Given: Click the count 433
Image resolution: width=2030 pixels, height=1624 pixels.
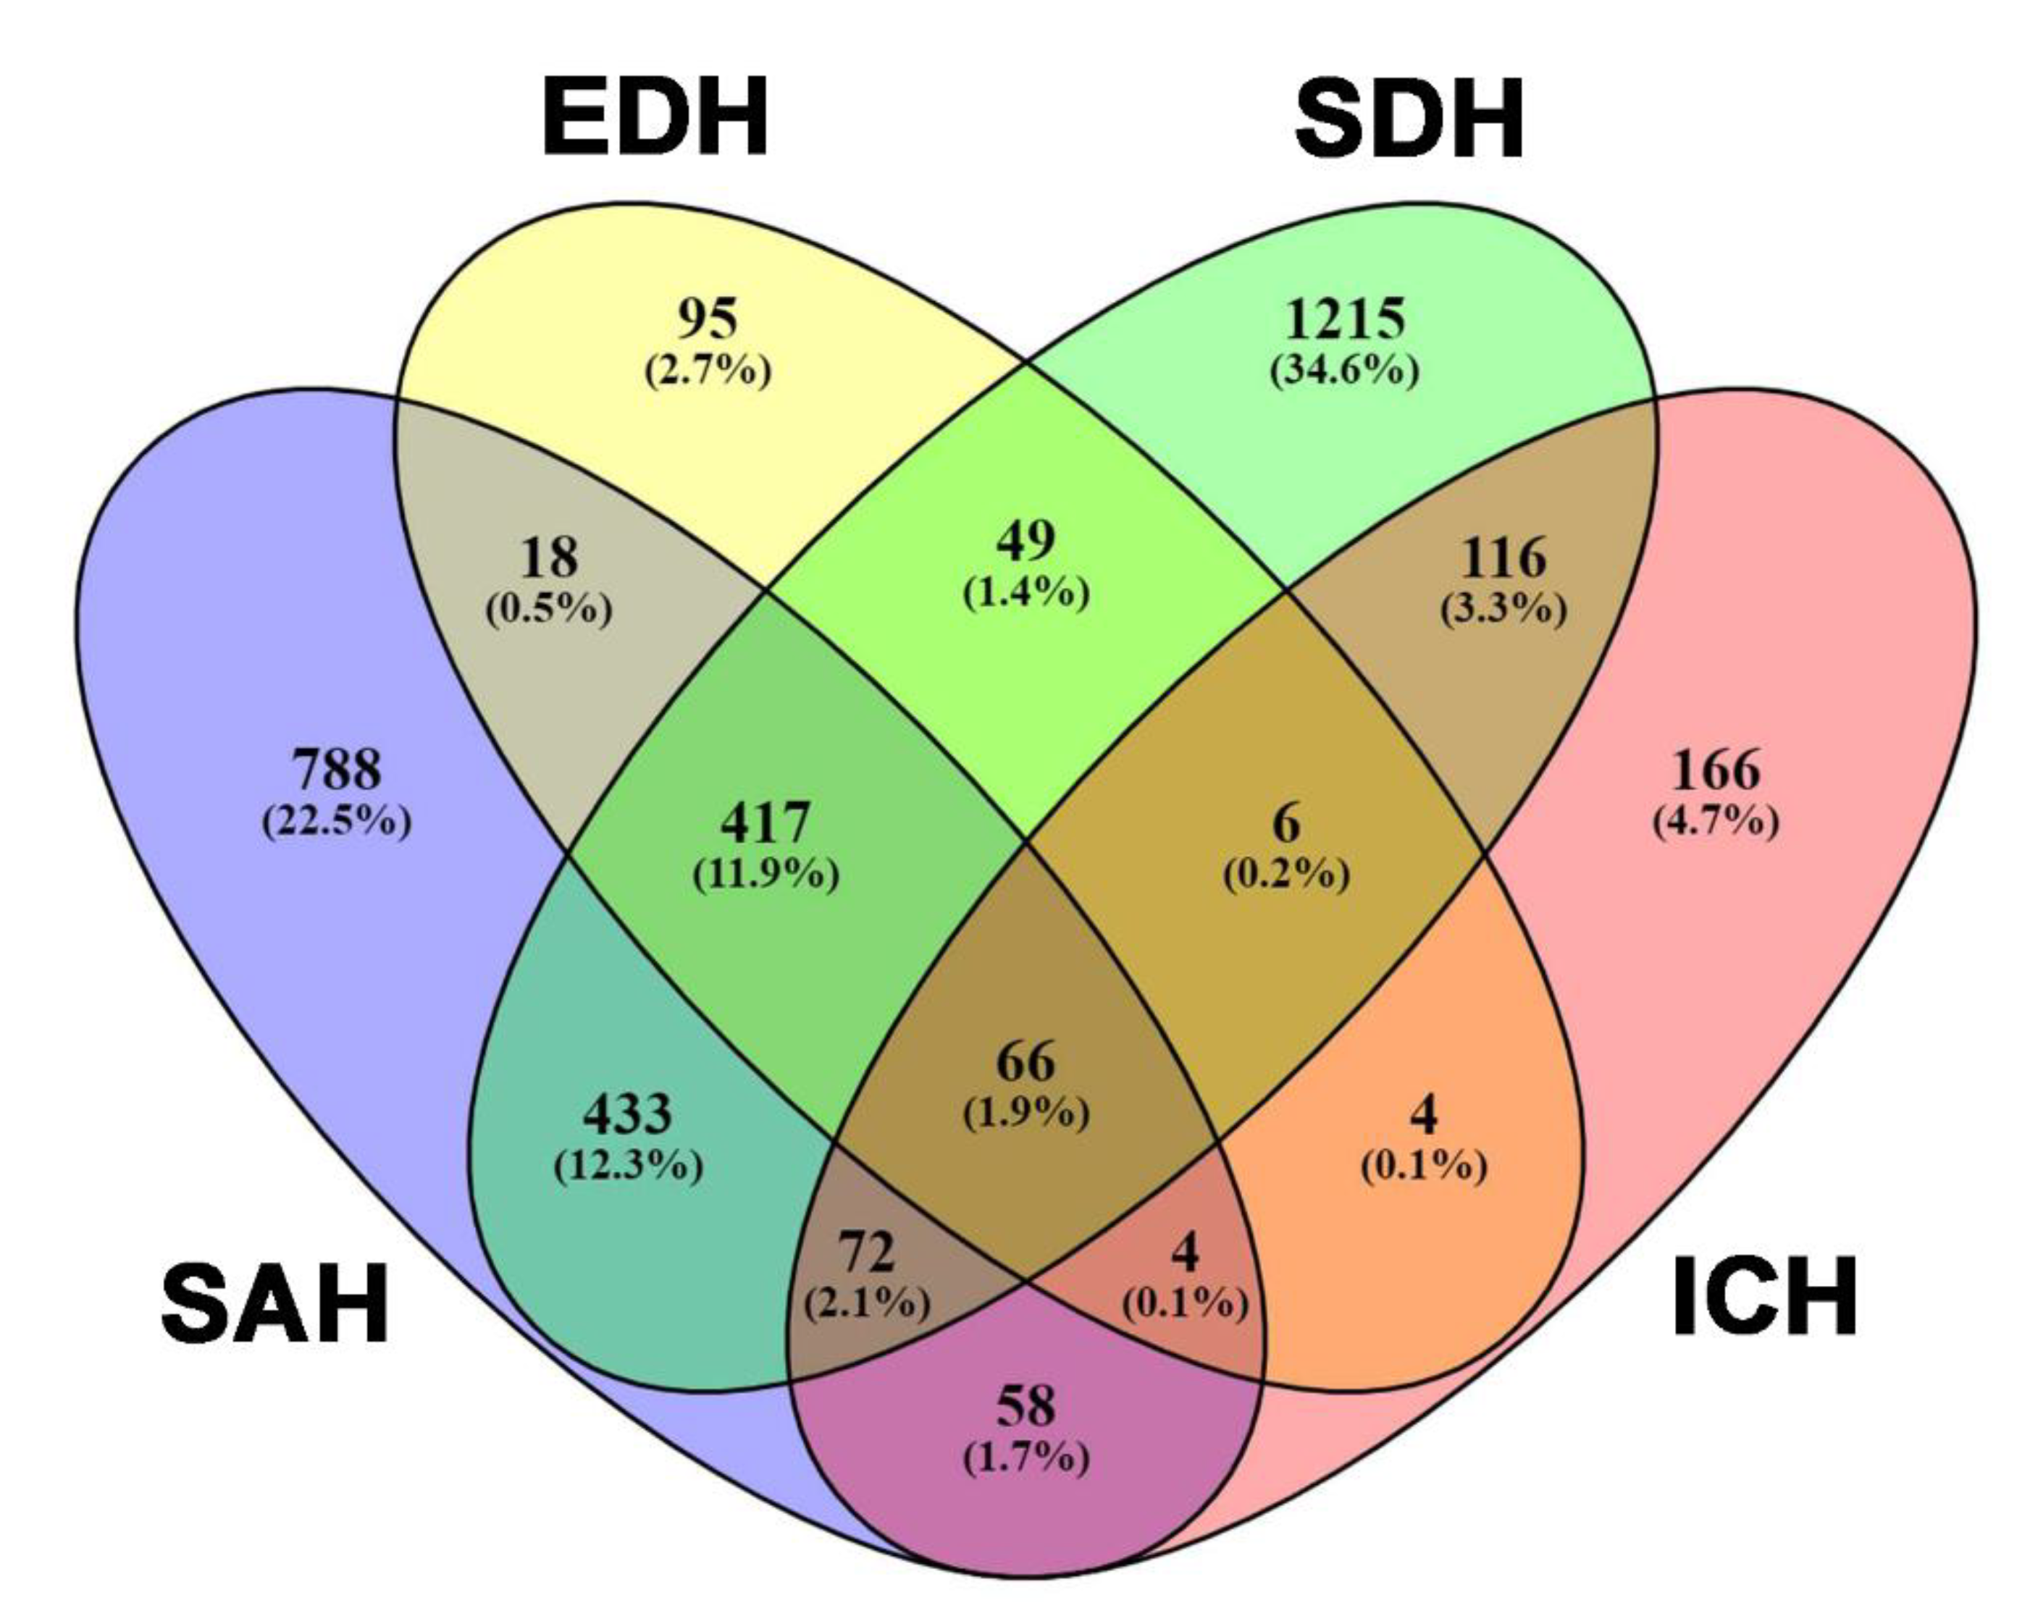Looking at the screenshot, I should tap(628, 1114).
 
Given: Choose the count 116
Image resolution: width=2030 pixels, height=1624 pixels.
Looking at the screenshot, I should tap(1503, 558).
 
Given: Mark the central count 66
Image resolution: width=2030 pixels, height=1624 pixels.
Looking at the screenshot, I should tap(1026, 1062).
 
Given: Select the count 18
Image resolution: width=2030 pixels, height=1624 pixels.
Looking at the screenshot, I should tap(550, 558).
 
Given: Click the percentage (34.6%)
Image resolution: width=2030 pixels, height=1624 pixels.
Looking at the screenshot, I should tap(1345, 371).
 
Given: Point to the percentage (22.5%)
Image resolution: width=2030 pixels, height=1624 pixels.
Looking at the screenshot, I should tap(337, 821).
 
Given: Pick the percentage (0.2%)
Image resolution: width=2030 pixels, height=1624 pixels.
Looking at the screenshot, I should tap(1286, 875).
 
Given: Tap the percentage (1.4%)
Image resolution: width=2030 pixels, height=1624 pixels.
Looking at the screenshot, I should tap(1026, 592).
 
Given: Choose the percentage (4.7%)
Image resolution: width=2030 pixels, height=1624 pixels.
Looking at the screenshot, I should tap(1716, 821).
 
